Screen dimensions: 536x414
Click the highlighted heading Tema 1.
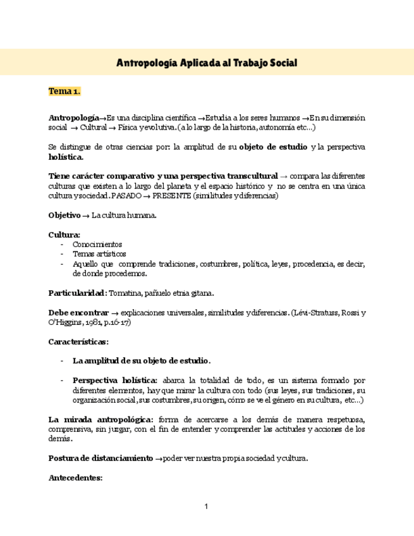point(64,92)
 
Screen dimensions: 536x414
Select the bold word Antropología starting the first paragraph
point(73,118)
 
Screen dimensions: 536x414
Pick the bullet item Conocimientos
point(97,243)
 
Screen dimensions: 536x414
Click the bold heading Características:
point(78,341)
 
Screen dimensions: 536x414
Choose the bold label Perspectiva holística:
point(115,381)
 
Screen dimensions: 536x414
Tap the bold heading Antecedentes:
point(75,478)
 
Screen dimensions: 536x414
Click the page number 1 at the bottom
point(206,506)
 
